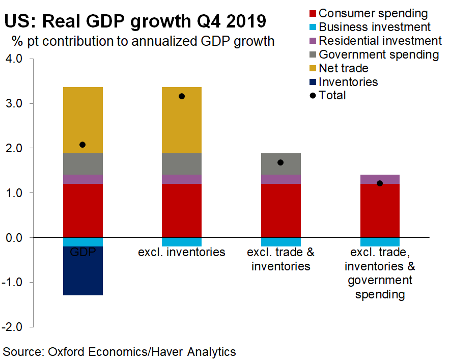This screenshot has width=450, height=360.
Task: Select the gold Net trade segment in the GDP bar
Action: click(83, 120)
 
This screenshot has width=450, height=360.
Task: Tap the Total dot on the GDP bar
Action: click(82, 145)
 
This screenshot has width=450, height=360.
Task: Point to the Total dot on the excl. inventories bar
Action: click(182, 96)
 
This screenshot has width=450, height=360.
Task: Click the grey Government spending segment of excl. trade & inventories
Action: click(280, 164)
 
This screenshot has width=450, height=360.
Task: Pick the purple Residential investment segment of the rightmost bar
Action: click(379, 179)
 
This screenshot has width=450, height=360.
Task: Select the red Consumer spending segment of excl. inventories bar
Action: click(182, 210)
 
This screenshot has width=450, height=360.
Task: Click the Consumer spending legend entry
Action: click(373, 13)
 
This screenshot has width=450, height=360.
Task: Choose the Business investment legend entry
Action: click(374, 27)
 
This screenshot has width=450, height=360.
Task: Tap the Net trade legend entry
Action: click(343, 68)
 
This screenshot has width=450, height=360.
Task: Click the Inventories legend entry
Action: click(348, 81)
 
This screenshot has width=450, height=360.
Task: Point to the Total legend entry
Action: click(332, 95)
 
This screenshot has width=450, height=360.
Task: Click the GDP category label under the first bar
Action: click(83, 252)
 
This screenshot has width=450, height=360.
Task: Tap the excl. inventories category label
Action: click(182, 252)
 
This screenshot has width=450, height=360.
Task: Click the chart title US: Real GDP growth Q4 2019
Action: click(134, 22)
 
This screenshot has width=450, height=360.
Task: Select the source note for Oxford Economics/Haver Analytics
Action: click(120, 351)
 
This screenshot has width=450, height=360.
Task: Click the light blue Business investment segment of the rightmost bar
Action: click(379, 242)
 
